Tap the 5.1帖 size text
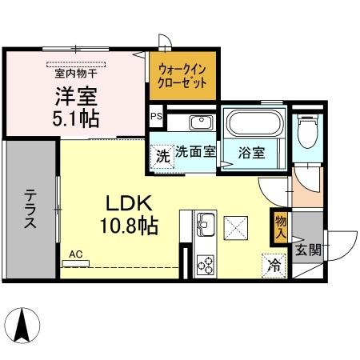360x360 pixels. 76,118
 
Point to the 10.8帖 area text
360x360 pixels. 125,225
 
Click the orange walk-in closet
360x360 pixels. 182,76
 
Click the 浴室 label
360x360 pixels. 254,153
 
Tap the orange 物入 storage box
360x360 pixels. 280,228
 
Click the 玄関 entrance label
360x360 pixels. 307,250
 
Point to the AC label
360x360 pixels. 76,254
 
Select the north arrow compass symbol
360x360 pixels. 24,323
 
